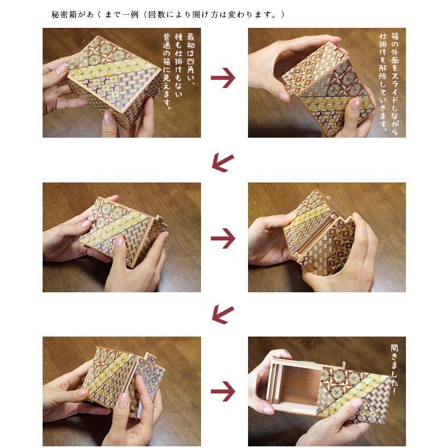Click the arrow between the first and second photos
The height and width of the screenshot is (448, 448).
click(223, 79)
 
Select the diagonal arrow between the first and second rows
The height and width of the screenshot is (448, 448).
click(223, 161)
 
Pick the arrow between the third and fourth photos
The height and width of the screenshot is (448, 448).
click(223, 238)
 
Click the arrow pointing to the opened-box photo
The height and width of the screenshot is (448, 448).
click(223, 391)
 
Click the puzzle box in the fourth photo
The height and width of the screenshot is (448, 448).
click(317, 235)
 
